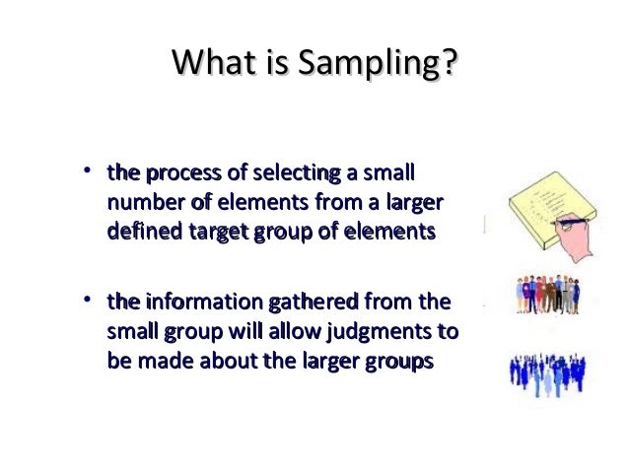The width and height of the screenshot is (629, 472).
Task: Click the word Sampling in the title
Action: [x=381, y=67]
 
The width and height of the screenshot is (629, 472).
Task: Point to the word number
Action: [x=140, y=204]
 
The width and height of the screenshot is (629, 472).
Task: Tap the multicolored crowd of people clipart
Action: [x=553, y=294]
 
